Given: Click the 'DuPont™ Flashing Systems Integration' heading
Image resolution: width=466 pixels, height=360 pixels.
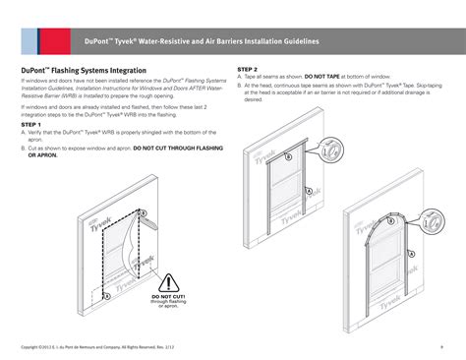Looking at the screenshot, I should click(x=84, y=71).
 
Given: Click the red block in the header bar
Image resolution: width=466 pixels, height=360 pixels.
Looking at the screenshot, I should click(x=29, y=42).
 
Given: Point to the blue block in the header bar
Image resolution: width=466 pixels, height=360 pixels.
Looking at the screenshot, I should click(x=40, y=42).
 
